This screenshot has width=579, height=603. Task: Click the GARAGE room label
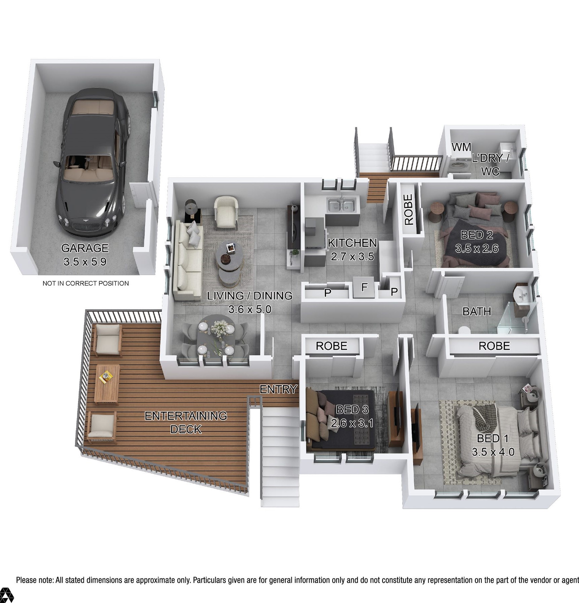point(85,248)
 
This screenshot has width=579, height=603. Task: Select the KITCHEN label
point(352,243)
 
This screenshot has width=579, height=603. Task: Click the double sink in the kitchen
point(341,204)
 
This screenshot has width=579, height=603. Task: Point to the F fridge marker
point(364,287)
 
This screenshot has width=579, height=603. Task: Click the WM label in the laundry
point(461,147)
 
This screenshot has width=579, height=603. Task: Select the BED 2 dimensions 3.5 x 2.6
point(477,248)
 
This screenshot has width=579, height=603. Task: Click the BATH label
point(477,311)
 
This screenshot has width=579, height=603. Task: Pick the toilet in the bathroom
point(464,330)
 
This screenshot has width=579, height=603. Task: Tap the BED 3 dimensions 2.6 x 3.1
point(352,423)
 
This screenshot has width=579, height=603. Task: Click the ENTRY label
point(278,389)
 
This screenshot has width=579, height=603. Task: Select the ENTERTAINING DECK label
point(186,423)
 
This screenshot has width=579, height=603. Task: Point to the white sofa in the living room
point(188,259)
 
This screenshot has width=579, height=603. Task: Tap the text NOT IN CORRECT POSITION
point(85,283)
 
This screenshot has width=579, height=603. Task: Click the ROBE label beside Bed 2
point(408,209)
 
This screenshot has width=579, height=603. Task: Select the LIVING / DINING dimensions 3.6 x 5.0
point(249,309)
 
